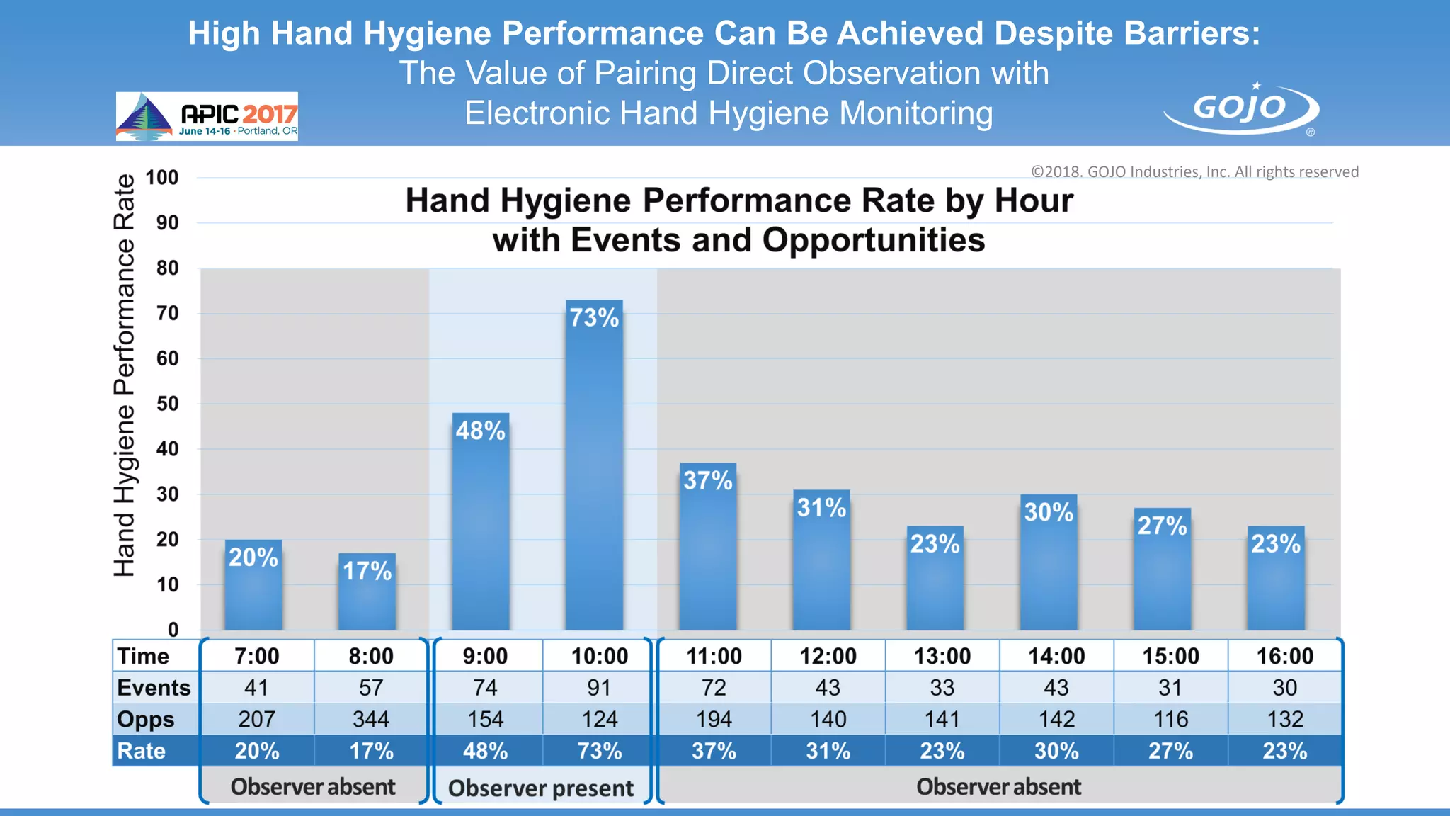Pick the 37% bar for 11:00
(x=708, y=546)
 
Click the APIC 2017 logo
(x=207, y=116)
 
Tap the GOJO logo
(x=1241, y=109)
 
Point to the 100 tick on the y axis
(x=162, y=178)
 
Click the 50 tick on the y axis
(x=167, y=404)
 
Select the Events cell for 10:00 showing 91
(x=599, y=687)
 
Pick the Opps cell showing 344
(x=371, y=719)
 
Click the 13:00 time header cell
(x=942, y=656)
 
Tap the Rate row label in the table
(x=142, y=751)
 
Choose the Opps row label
(x=145, y=719)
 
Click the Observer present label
(x=541, y=788)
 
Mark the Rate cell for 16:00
(x=1284, y=751)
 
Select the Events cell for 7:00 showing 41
(x=256, y=687)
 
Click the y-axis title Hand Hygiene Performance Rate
(x=125, y=375)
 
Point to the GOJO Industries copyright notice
(x=1194, y=172)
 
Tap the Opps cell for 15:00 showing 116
(x=1170, y=719)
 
